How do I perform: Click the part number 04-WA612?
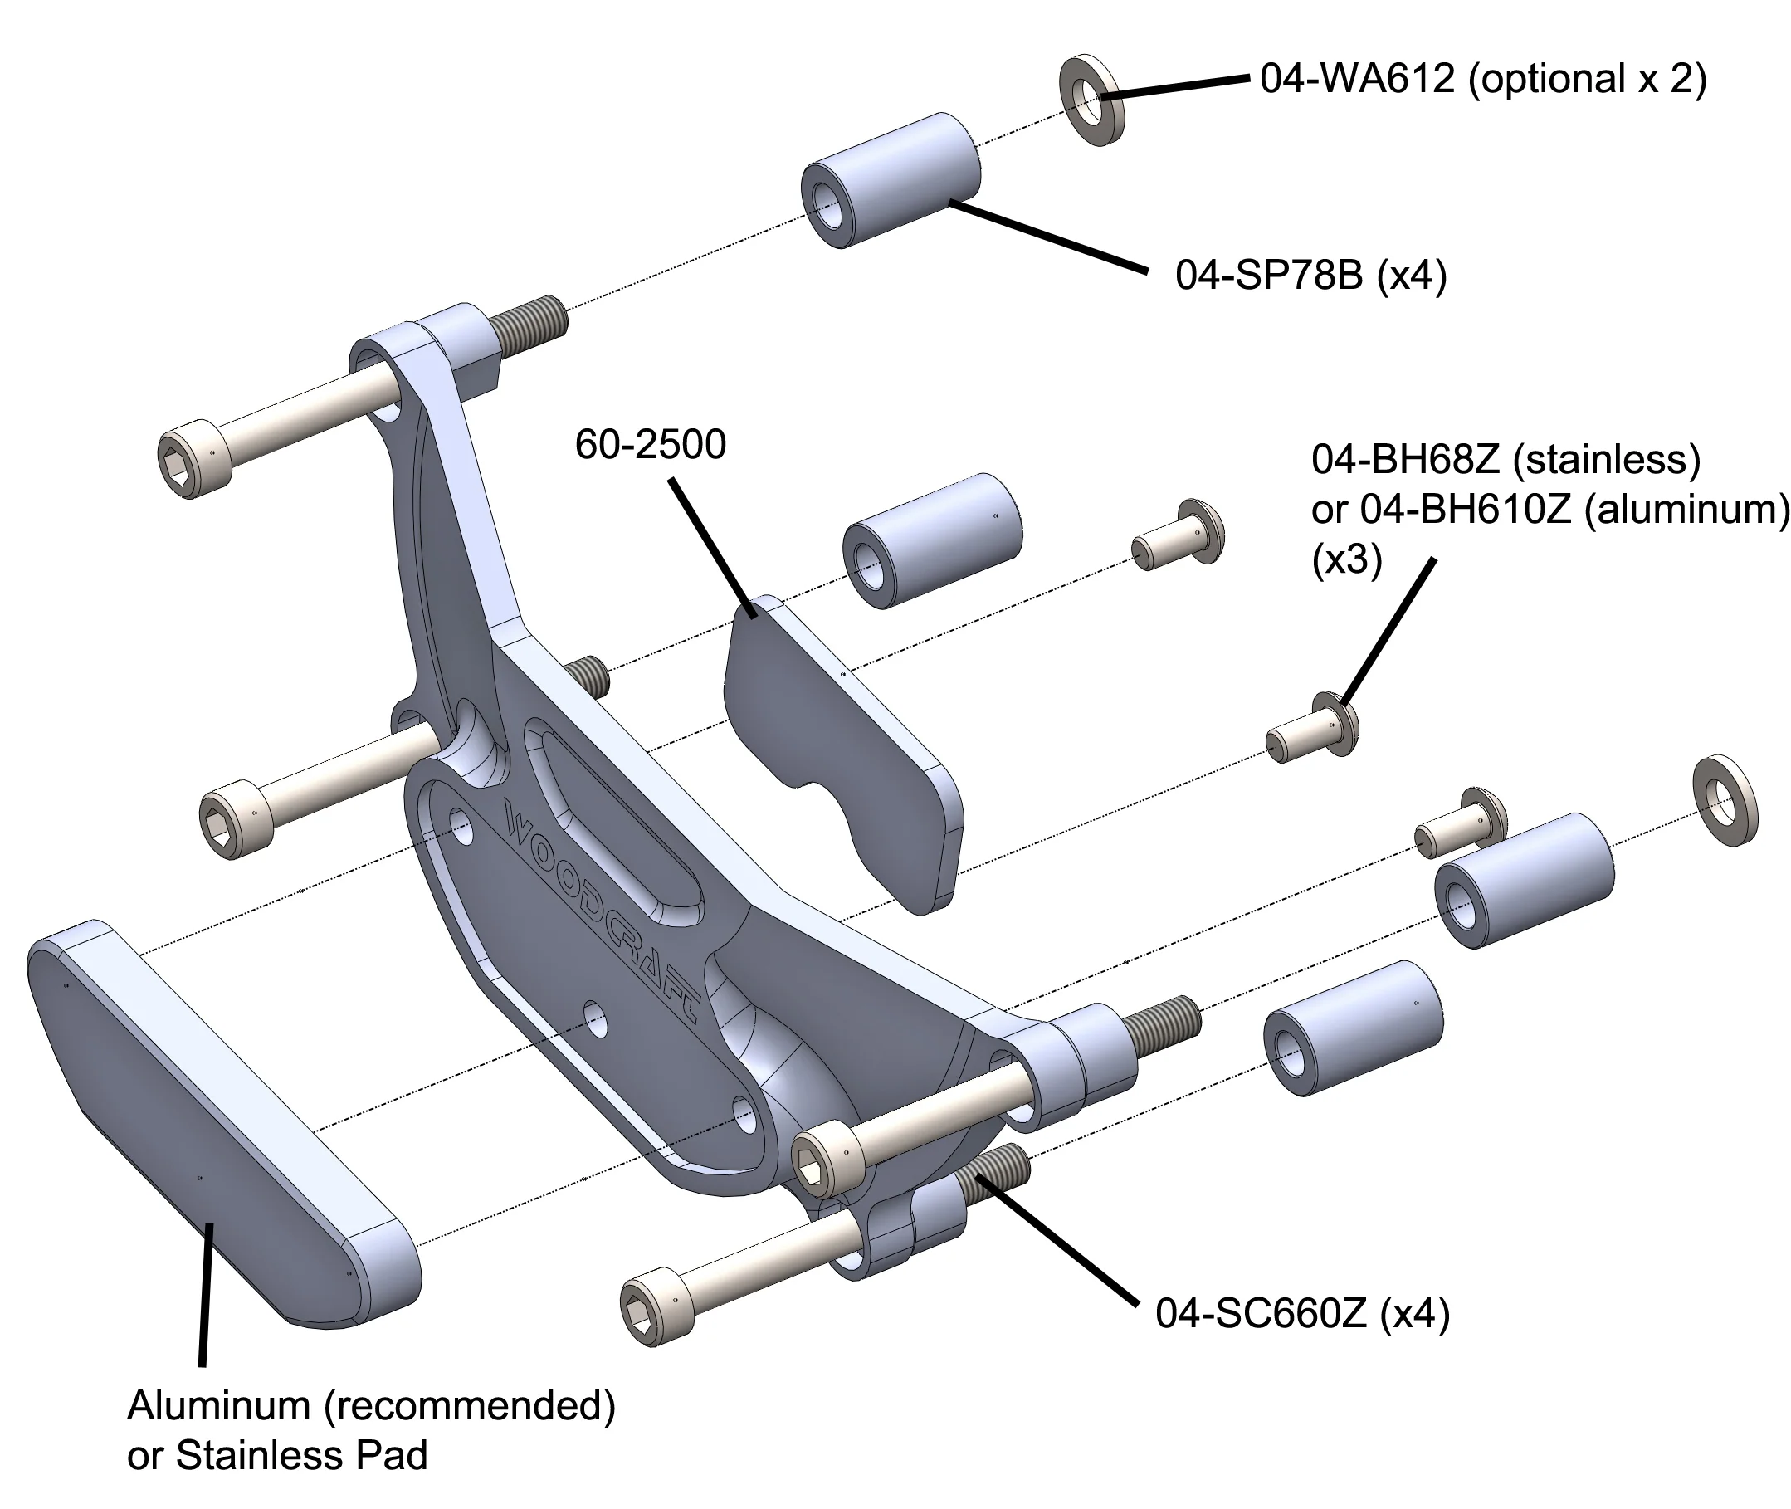[1356, 80]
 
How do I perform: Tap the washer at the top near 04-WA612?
[1091, 101]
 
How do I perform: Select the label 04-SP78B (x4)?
[1310, 276]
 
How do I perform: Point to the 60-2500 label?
[650, 445]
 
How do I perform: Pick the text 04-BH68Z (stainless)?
[1506, 460]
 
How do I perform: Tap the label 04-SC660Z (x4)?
[1302, 1313]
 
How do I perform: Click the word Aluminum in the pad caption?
[218, 1405]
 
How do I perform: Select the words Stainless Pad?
[301, 1456]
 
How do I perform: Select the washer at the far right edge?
[1725, 800]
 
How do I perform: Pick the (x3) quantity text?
[1346, 559]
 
